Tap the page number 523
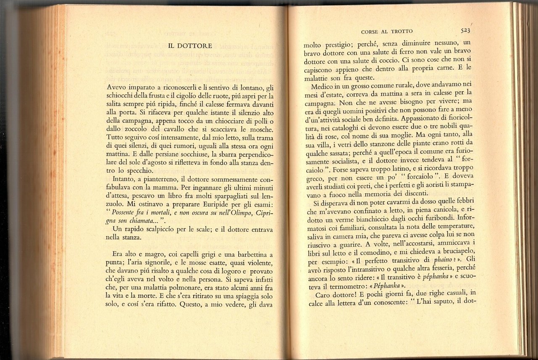465,30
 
